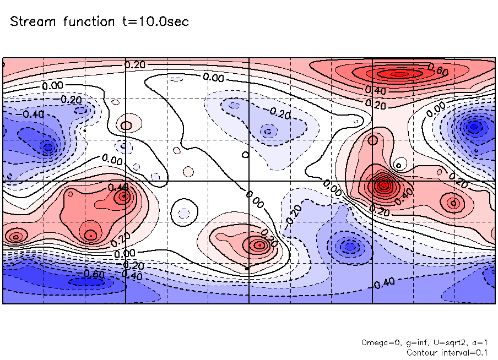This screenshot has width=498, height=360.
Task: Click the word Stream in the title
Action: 34,22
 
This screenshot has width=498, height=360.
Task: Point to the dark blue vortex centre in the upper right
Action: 473,127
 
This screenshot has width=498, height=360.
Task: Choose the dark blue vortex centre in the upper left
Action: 48,146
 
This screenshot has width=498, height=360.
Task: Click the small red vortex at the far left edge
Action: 16,237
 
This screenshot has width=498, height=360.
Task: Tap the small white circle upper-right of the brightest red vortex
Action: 400,163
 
